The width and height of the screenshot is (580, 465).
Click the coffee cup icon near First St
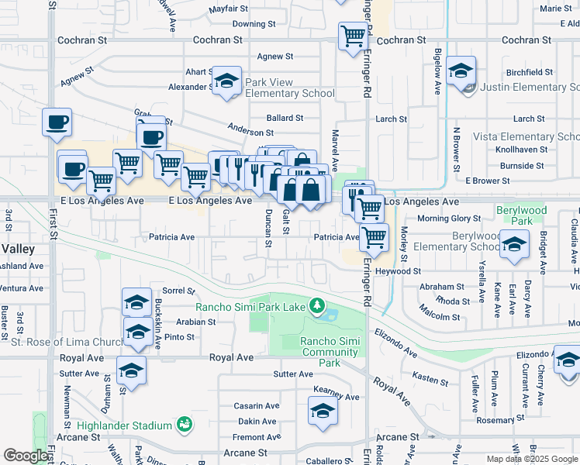pyautogui.click(x=57, y=122)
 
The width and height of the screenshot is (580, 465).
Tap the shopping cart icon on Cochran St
pyautogui.click(x=353, y=35)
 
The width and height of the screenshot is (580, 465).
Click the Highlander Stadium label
pyautogui.click(x=124, y=425)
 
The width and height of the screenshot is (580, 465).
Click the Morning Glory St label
pyautogui.click(x=450, y=219)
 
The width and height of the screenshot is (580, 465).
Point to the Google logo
pyautogui.click(x=26, y=456)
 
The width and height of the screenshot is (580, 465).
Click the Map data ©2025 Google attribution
pyautogui.click(x=532, y=459)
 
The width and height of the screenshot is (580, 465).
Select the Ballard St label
pyautogui.click(x=285, y=118)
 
